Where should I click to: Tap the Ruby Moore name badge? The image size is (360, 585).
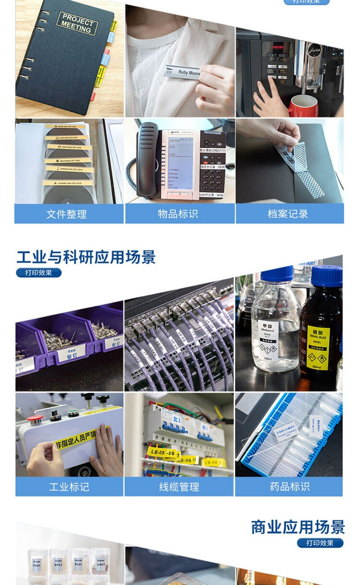point(182,72)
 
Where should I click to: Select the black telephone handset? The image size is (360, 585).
point(146,158)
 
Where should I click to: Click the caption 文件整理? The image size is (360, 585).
point(67,214)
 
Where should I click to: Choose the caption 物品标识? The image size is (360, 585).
point(178,214)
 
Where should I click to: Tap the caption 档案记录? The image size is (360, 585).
point(288,214)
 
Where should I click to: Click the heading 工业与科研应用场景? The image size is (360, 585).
point(86,257)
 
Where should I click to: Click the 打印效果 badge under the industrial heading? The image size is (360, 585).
point(38,273)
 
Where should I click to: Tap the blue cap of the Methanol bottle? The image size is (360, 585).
point(277,273)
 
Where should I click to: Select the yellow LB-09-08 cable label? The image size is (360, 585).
point(162,452)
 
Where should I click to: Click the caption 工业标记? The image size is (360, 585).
point(69,487)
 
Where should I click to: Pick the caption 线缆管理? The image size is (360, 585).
point(179,487)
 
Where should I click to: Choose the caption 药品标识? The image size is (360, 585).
point(289,487)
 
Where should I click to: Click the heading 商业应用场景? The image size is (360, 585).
point(298,527)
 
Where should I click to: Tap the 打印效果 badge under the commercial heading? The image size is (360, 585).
point(320,543)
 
